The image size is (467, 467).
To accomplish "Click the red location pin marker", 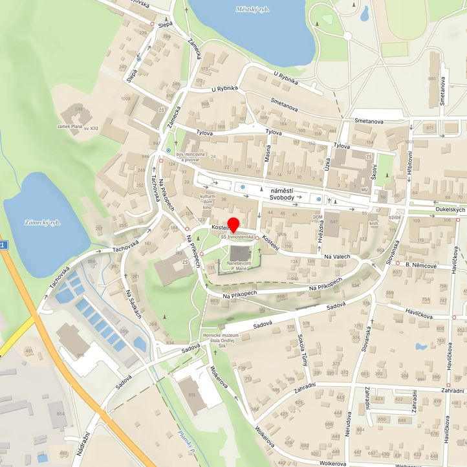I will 233,226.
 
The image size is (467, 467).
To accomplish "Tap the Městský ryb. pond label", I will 253,10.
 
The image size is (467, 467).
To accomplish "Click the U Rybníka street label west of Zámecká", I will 224,89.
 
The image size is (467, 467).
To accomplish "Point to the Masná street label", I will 268,153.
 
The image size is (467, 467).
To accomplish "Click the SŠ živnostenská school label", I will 237,237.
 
